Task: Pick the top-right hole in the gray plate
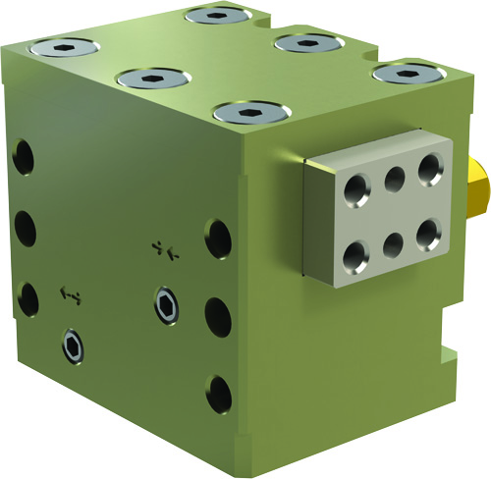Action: click(x=430, y=168)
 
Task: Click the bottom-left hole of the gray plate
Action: click(x=352, y=256)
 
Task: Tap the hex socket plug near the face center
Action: click(x=167, y=303)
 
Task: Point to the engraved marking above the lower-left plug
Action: click(x=70, y=293)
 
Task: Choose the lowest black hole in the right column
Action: click(x=219, y=395)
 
